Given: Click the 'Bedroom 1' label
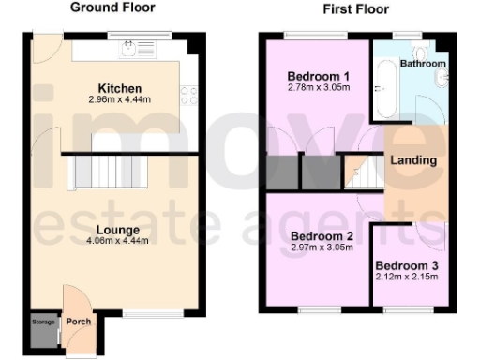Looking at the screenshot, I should point(317,76).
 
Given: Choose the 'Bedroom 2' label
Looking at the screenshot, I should point(321,235).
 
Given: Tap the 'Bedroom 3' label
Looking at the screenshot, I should point(408,265).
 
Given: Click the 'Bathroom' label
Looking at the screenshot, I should point(422,65).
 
